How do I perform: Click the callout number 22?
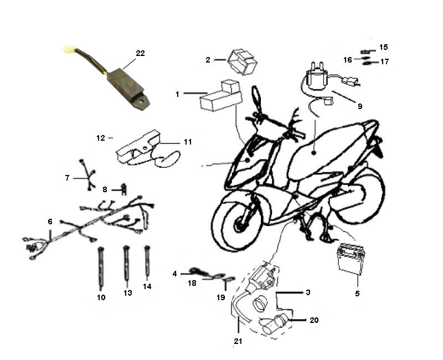[x=140, y=53]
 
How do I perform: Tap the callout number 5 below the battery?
[x=357, y=293]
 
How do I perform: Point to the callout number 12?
[x=101, y=137]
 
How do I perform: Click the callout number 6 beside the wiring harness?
[x=50, y=222]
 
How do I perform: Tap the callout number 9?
[x=360, y=106]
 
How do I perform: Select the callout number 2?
[x=208, y=59]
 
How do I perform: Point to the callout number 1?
[x=177, y=94]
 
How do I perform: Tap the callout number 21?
[x=238, y=341]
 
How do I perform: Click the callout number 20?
[x=315, y=320]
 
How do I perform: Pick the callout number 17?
[x=384, y=61]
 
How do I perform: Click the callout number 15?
[x=383, y=47]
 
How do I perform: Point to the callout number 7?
[x=67, y=178]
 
